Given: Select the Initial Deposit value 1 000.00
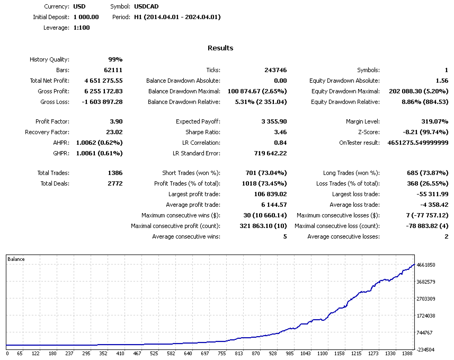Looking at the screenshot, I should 86,17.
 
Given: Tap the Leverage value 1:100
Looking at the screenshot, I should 82,28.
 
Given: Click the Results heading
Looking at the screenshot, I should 220,48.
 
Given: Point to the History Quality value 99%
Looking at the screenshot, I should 115,59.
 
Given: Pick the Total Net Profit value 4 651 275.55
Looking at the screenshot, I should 103,81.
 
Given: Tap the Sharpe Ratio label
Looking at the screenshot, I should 203,132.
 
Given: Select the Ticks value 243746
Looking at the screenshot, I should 275,70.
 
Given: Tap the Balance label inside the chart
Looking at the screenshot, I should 16,259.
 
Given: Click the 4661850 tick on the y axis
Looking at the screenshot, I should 426,265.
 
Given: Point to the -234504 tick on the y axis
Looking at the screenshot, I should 426,350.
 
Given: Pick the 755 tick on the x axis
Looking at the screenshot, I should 221,354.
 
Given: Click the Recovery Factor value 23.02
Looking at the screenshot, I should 114,132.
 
